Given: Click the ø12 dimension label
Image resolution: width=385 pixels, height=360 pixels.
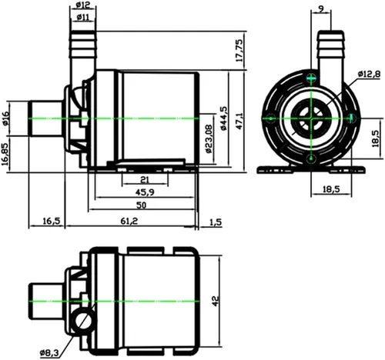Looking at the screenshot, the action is click(83, 5).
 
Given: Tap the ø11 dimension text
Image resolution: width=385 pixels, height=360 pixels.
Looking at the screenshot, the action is click(82, 17).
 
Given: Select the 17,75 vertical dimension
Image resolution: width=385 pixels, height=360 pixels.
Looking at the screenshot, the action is click(239, 51).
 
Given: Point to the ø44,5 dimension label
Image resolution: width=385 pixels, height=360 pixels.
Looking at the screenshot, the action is click(223, 118).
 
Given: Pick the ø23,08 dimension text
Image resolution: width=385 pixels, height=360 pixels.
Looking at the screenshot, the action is click(209, 138).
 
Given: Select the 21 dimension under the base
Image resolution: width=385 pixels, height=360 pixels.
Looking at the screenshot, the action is click(145, 179).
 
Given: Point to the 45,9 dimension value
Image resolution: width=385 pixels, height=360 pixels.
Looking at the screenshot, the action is click(146, 192).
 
